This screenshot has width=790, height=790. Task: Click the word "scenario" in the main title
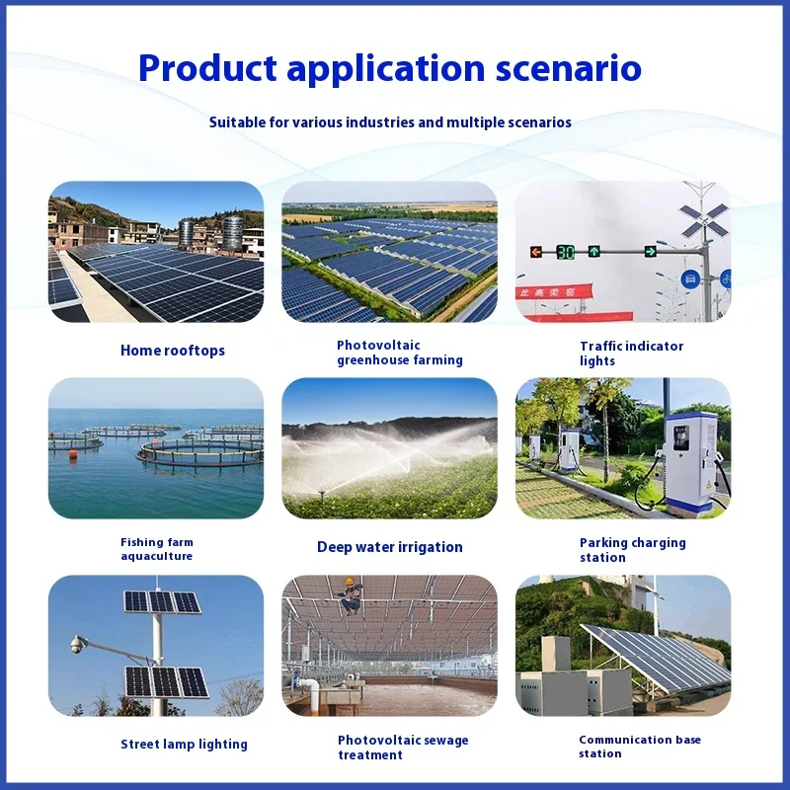coord(569,68)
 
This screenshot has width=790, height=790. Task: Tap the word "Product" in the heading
coord(207,68)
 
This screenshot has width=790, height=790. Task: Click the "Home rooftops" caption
coord(172,351)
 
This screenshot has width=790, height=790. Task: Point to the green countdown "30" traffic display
coord(565,252)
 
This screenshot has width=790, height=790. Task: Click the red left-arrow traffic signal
coord(536,252)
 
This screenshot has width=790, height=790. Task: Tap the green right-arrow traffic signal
coord(651,251)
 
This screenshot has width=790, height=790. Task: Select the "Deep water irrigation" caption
coord(389,547)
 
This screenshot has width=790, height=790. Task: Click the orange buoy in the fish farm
coord(73,454)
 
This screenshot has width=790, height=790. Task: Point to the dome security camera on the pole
coord(77,645)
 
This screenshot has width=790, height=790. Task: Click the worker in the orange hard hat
coord(352,595)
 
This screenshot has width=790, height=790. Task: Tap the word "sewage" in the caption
coord(446,740)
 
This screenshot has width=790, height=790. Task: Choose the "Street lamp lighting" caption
coord(184,745)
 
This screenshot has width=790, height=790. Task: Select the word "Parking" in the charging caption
coord(603,542)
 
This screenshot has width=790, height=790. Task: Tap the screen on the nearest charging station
coord(681,437)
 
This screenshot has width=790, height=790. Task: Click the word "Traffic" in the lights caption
coord(601,347)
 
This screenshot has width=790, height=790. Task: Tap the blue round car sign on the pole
coord(689,279)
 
